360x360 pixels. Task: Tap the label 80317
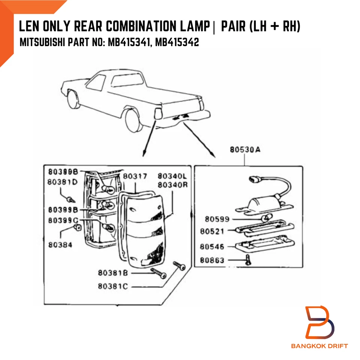tap(135, 176)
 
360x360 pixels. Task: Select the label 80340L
tap(172, 176)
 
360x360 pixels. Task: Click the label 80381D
tap(63, 181)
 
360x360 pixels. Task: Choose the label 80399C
tap(63, 220)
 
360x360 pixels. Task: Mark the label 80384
tap(60, 244)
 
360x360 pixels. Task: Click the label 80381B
tap(113, 273)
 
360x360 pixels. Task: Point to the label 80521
tap(212, 231)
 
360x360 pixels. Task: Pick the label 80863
tap(212, 259)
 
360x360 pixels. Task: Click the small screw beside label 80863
tap(247, 259)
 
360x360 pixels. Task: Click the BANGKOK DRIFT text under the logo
tap(319, 346)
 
